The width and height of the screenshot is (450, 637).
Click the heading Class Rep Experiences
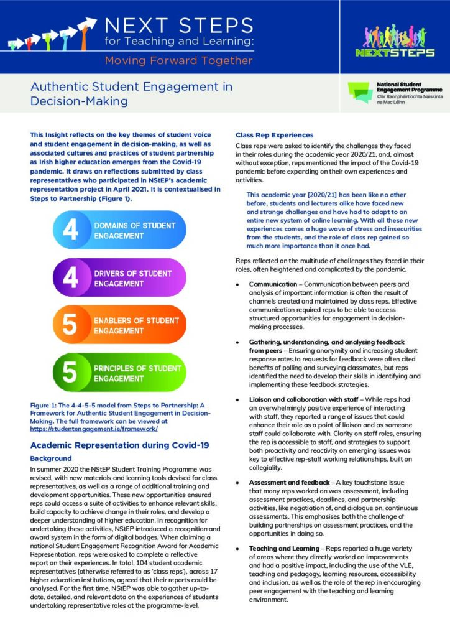pyautogui.click(x=274, y=135)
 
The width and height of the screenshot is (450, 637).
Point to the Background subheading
pyautogui.click(x=51, y=458)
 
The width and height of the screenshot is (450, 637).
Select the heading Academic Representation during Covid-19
pyautogui.click(x=119, y=445)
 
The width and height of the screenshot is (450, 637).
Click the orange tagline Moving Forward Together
pyautogui.click(x=178, y=60)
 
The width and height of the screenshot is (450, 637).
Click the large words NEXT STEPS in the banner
pyautogui.click(x=179, y=26)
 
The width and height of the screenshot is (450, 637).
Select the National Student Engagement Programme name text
pyautogui.click(x=407, y=86)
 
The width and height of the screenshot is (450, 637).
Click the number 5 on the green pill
pyautogui.click(x=70, y=373)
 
